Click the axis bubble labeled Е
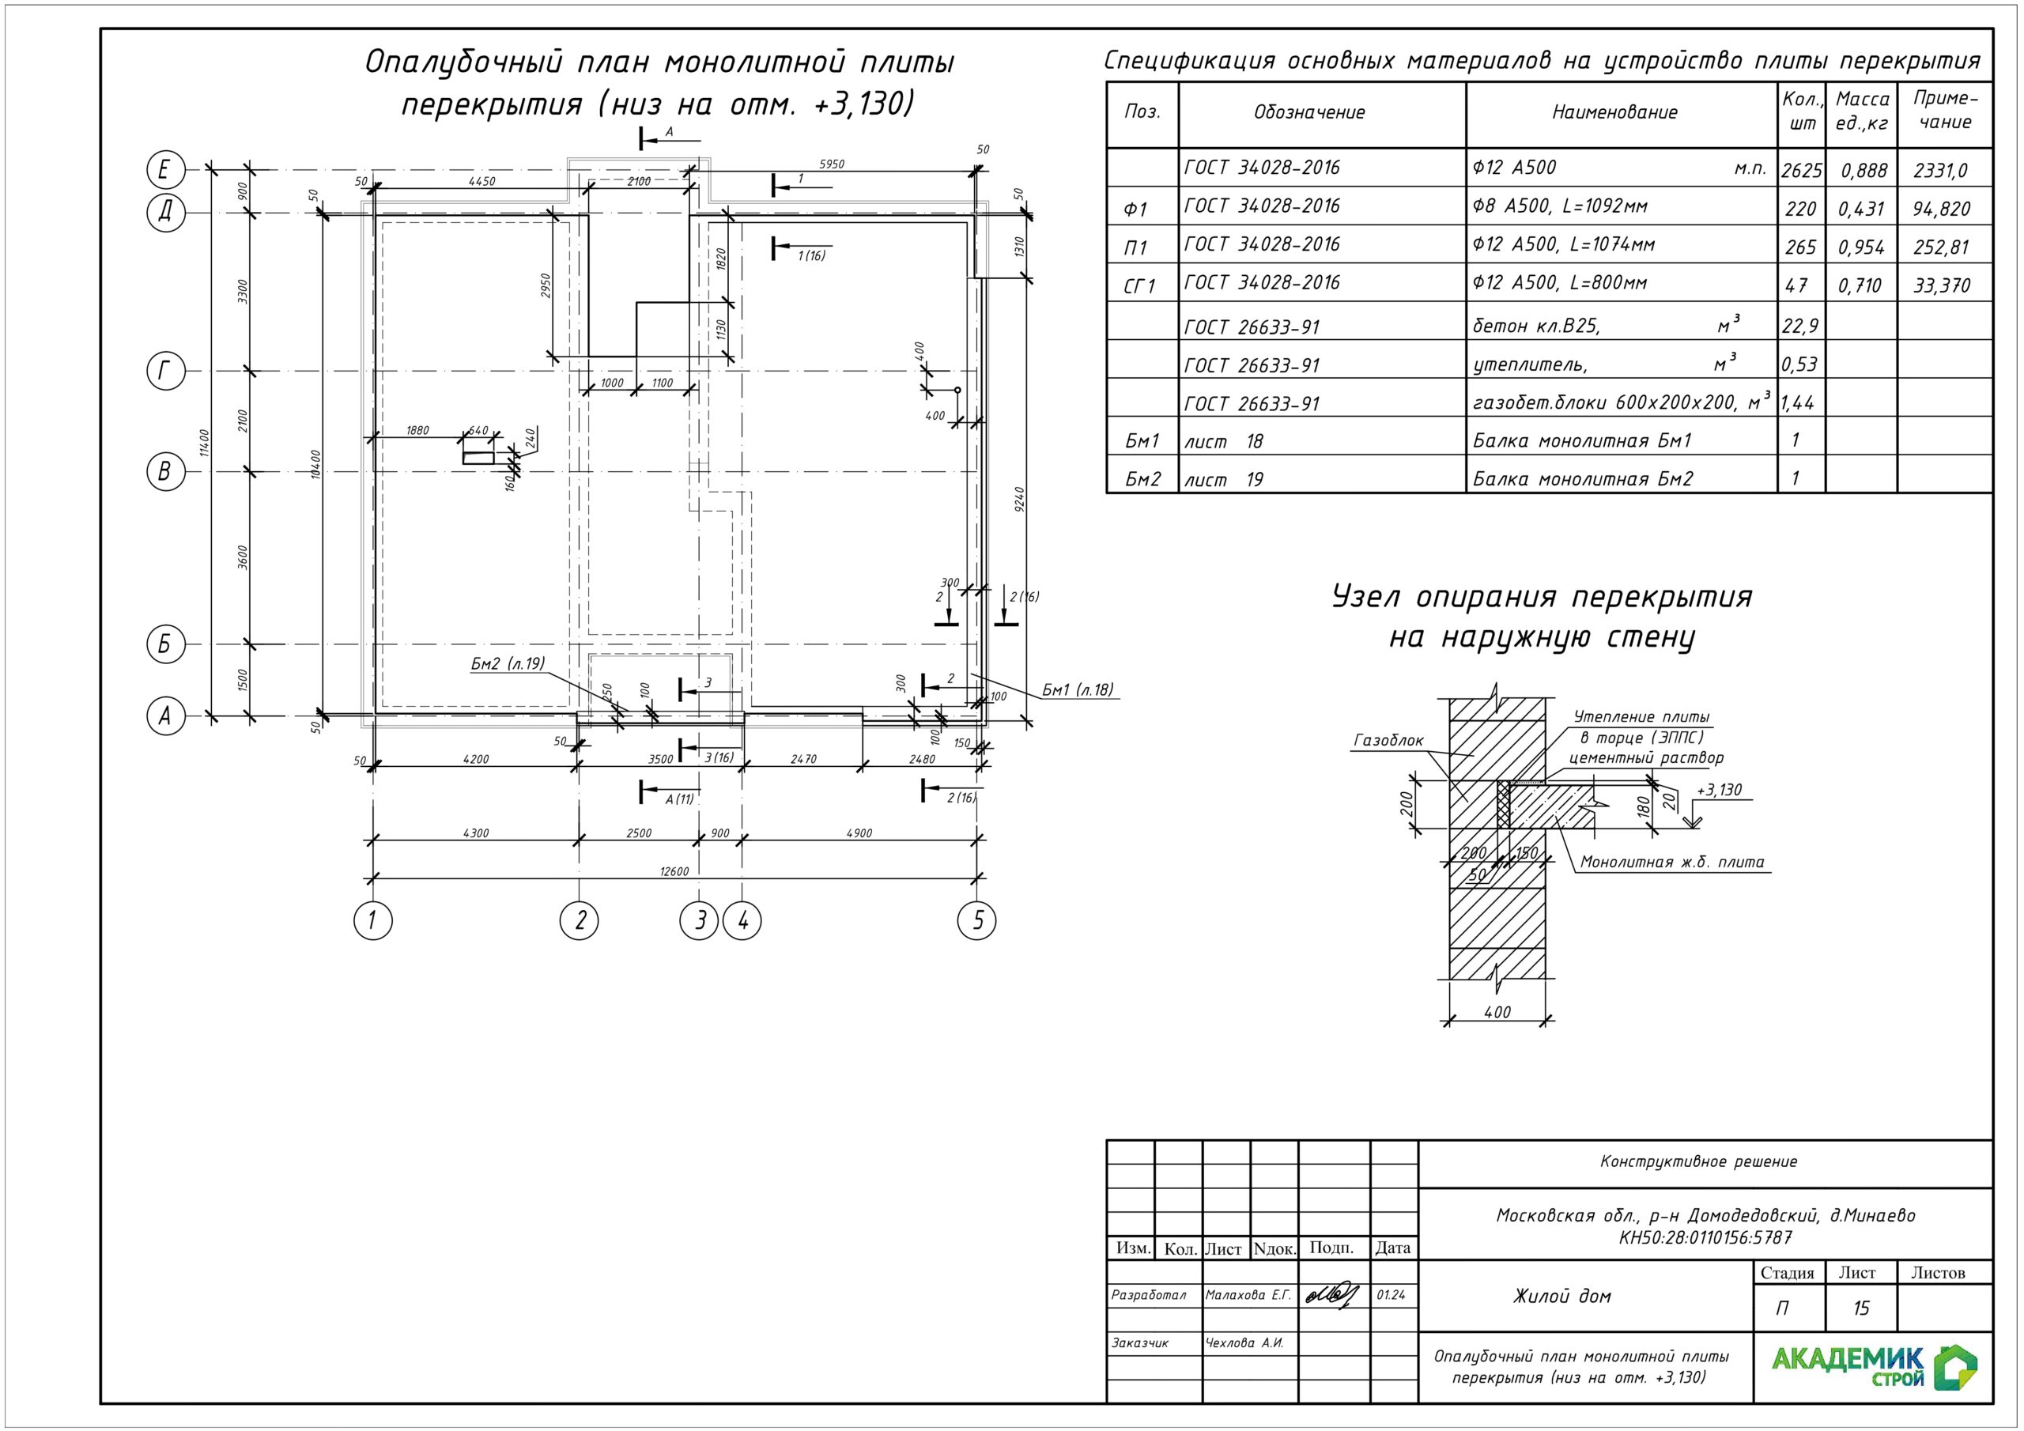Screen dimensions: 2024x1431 pos(165,169)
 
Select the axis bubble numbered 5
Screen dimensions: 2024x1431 pos(976,920)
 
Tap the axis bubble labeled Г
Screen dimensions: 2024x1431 pos(165,372)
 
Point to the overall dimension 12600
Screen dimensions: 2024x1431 pos(674,871)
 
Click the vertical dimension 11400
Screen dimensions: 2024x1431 pos(205,442)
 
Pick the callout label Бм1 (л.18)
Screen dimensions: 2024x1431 pos(1078,689)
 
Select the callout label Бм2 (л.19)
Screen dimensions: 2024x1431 pos(507,663)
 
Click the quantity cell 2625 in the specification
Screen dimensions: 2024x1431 pos(1801,169)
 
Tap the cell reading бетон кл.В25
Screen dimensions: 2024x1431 pos(1535,326)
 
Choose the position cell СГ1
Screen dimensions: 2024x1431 pos(1139,285)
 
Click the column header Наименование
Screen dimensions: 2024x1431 pos(1615,112)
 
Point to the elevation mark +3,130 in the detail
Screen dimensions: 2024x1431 pos(1719,789)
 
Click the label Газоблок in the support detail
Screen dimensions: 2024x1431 pos(1388,741)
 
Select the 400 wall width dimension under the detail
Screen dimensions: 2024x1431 pos(1497,1012)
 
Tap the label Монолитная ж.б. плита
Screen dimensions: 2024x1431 pos(1672,863)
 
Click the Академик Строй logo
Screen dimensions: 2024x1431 pos(1874,1368)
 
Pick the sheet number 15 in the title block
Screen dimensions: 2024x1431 pos(1860,1308)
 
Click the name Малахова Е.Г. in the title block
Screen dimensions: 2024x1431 pos(1248,1295)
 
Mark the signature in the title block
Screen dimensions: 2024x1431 pos(1332,1294)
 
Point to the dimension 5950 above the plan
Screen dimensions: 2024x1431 pos(831,164)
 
